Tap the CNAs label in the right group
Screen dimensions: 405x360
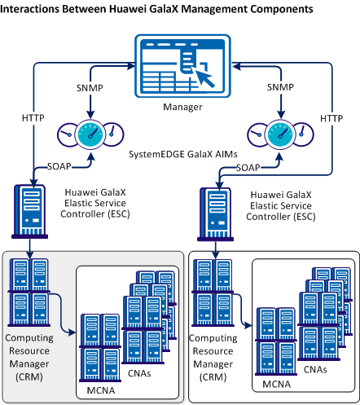pos(316,369)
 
